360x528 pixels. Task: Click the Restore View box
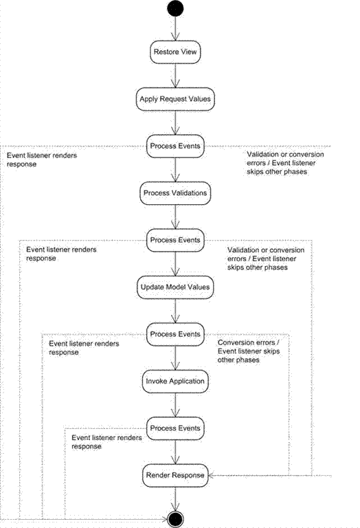coord(175,52)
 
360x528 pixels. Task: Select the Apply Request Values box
coord(175,99)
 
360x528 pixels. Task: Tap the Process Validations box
coord(175,193)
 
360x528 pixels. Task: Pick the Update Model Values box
coord(175,287)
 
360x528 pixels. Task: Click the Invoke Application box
coord(175,381)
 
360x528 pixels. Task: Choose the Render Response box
coord(175,476)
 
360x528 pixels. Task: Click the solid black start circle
coord(175,8)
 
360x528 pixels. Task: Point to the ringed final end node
coord(175,520)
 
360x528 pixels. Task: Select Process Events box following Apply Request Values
coord(175,146)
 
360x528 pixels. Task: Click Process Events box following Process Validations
coord(175,241)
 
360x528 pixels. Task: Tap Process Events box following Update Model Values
coord(175,334)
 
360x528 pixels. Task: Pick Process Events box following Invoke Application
coord(175,428)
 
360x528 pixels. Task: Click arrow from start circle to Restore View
coord(175,29)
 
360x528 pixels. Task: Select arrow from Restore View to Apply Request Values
coord(175,76)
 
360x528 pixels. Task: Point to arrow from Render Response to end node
coord(175,499)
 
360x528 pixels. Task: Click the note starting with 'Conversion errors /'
coord(249,351)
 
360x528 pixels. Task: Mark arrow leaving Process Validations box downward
coord(175,217)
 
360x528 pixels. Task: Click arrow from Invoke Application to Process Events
coord(175,405)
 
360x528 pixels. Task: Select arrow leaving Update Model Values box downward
coord(175,311)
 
